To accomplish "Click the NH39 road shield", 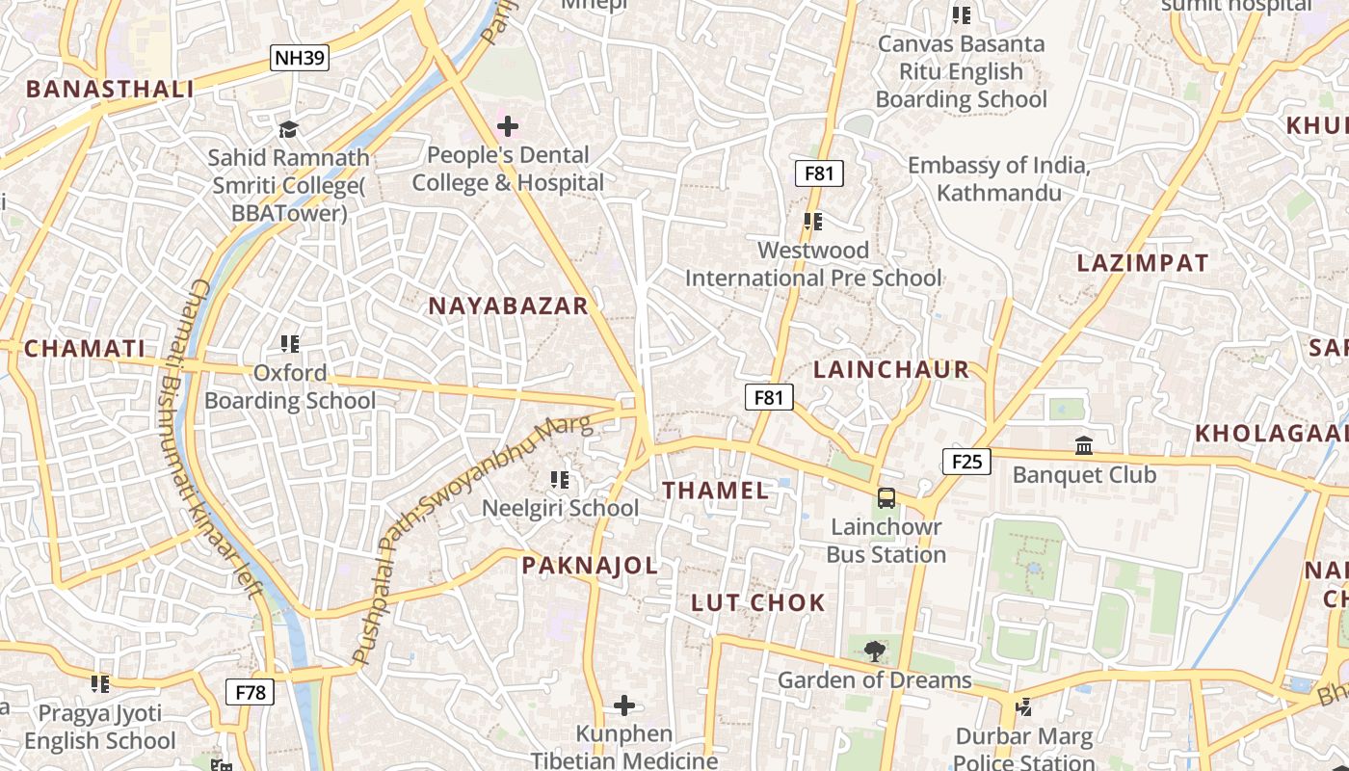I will click(x=300, y=58).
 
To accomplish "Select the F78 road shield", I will click(x=251, y=692).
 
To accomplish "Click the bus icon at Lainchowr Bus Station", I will click(x=886, y=498).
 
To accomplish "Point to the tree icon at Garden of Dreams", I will click(x=874, y=651).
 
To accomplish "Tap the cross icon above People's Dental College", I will click(x=507, y=126).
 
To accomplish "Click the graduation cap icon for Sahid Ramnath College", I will click(x=287, y=129).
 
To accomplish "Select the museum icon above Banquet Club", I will click(x=1084, y=446).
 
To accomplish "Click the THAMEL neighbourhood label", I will click(x=716, y=491).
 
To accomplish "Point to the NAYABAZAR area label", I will click(x=508, y=306).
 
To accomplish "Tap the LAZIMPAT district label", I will click(x=1142, y=263).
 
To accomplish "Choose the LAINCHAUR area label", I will click(x=891, y=370).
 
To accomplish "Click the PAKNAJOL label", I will click(x=590, y=566).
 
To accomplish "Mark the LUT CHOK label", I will click(x=758, y=603).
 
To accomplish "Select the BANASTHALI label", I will click(x=110, y=90).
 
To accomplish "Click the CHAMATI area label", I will click(x=85, y=349).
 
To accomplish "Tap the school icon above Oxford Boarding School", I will click(x=289, y=343).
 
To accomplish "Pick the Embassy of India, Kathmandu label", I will click(x=999, y=179).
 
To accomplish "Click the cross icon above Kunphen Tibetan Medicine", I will click(x=624, y=705).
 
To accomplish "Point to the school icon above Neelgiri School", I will click(x=559, y=479).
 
